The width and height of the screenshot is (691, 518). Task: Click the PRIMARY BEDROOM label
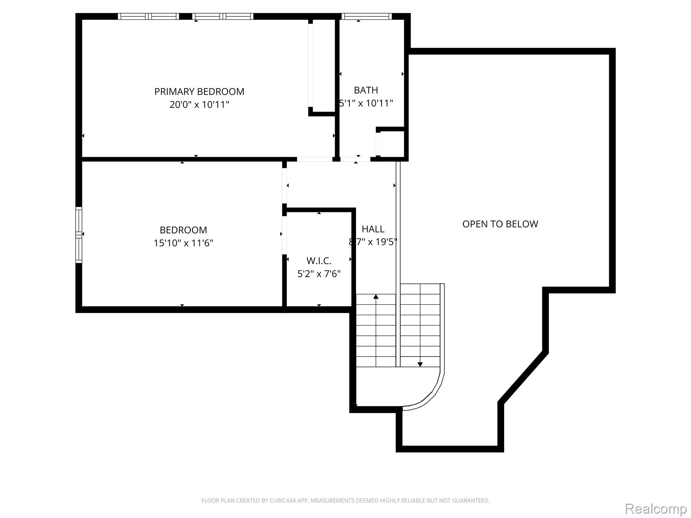199,92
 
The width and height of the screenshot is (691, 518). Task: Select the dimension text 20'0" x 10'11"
199,105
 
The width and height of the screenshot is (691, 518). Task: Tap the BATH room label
366,90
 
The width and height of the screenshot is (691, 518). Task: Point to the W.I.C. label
319,261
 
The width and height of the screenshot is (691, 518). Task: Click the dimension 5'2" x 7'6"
319,274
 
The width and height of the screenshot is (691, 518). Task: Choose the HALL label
373,229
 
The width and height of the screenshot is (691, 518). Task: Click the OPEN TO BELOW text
500,224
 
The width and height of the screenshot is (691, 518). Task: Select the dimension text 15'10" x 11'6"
183,243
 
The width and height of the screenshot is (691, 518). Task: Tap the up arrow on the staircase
376,297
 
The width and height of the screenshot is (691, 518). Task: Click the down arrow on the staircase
420,364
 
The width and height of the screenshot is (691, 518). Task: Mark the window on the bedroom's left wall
79,235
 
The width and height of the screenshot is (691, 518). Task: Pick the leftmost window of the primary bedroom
148,16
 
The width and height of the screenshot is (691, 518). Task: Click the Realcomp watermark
656,509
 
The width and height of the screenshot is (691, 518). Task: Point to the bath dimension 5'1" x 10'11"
366,103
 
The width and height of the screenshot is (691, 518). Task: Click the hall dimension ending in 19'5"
373,242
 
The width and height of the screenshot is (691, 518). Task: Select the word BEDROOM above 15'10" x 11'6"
183,230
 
